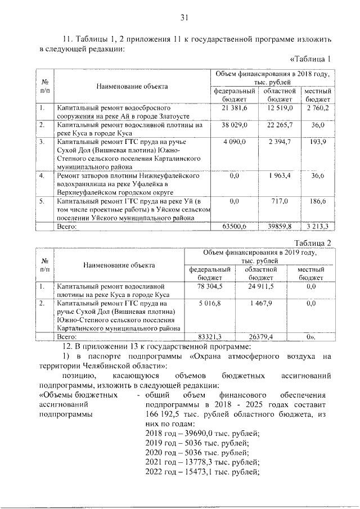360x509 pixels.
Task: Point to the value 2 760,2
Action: (x=317, y=106)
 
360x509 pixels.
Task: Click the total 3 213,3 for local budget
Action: (x=316, y=226)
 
